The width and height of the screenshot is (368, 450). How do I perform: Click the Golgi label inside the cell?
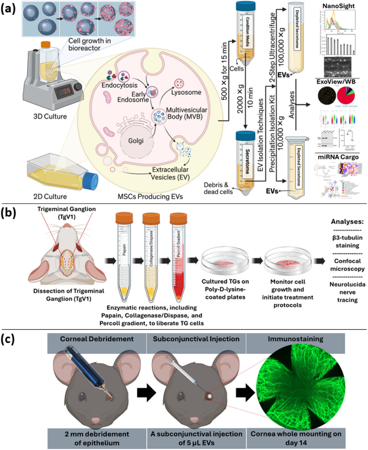click(x=136, y=141)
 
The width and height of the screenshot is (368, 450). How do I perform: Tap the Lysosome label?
click(x=186, y=92)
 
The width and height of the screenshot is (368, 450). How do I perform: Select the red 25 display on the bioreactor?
click(x=67, y=90)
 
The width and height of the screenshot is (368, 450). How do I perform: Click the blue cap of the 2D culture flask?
click(x=91, y=181)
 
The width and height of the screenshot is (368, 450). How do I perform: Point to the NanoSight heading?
click(x=339, y=6)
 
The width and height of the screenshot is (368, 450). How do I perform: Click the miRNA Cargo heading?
click(x=338, y=157)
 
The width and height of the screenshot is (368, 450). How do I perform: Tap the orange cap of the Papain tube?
click(x=124, y=218)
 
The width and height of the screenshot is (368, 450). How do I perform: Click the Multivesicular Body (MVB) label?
click(x=186, y=113)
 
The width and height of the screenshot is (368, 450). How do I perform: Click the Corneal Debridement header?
click(x=97, y=339)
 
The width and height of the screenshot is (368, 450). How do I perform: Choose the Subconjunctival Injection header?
click(x=196, y=339)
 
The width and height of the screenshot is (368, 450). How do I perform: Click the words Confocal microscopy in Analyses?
click(x=347, y=265)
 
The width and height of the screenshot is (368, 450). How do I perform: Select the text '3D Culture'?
click(x=50, y=116)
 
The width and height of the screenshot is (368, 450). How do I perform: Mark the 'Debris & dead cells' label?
click(x=218, y=188)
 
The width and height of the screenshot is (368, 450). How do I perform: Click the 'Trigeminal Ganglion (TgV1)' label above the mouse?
click(x=67, y=213)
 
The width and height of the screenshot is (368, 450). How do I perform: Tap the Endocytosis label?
click(x=120, y=85)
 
